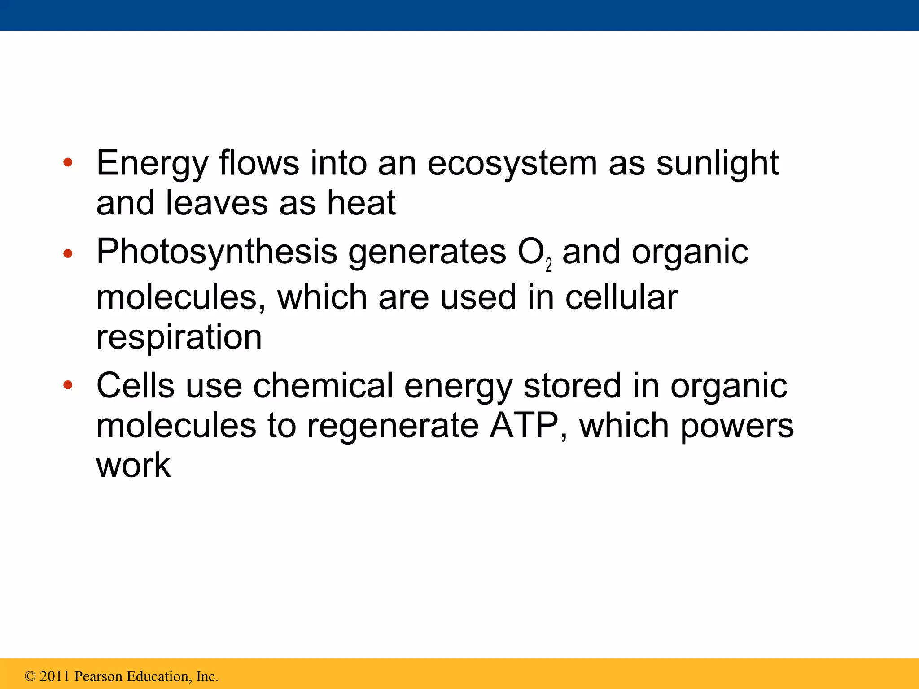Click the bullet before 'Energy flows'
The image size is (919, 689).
(68, 163)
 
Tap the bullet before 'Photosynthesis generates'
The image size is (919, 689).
(68, 254)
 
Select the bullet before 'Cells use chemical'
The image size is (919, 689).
(68, 385)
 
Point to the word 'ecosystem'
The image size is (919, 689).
(512, 163)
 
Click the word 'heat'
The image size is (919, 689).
(361, 203)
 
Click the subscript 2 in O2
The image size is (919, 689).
(548, 266)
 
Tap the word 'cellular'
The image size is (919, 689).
(621, 297)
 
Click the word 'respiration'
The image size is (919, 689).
(179, 337)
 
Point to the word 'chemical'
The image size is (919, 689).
(323, 385)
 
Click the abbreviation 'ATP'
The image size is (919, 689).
(524, 425)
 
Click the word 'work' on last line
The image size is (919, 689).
(133, 465)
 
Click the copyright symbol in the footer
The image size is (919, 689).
(30, 676)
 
